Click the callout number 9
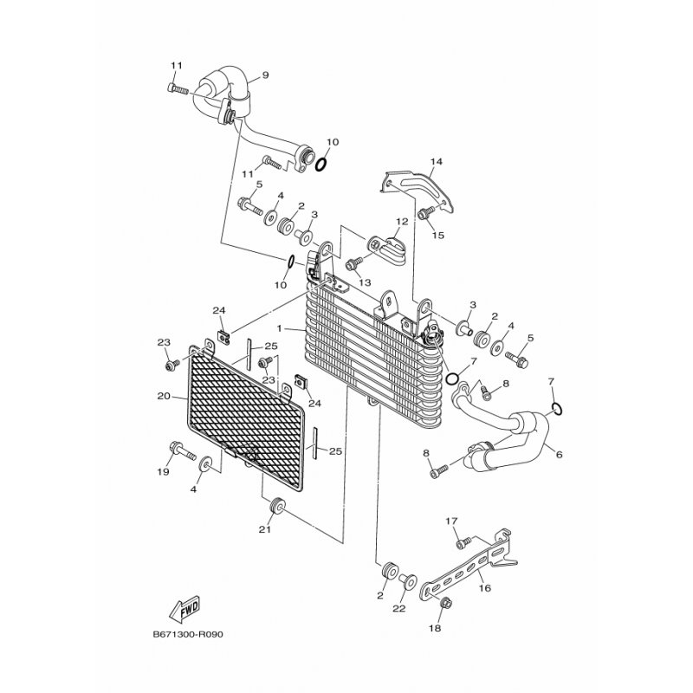(x=264, y=74)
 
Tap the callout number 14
(x=436, y=161)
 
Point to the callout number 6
(x=559, y=454)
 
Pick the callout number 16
(x=483, y=587)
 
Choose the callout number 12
(x=402, y=222)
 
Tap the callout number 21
(x=264, y=529)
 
